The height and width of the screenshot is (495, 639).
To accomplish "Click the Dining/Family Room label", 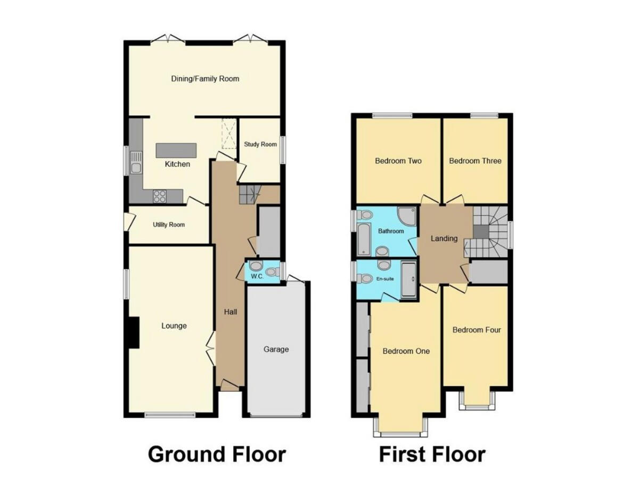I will coord(205,79).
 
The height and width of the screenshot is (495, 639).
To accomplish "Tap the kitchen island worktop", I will coord(176,150).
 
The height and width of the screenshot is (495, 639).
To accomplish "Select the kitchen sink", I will coord(136,168).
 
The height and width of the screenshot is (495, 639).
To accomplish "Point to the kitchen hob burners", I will coord(160,196).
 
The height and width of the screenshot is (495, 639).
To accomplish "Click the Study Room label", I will coord(260,144).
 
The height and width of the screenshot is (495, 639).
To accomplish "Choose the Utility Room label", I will coord(169,225).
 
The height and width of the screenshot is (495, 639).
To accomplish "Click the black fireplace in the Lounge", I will coord(134,332).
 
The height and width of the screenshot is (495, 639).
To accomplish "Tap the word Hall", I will coord(231,311).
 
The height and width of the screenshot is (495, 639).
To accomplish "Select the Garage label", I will coord(276,349).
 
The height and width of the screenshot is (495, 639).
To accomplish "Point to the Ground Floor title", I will coord(217,455).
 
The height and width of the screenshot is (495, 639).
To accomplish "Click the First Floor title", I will coord(432,455).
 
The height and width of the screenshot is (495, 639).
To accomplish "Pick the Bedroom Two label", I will coord(398,161).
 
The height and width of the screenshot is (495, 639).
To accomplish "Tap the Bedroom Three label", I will coord(475,161).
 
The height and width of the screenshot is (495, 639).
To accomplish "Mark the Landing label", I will coord(444,238).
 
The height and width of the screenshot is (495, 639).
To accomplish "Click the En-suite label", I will coord(385,278).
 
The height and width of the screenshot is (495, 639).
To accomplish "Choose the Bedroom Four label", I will coord(477,330).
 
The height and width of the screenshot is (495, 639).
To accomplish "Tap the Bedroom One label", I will coord(406,351).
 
